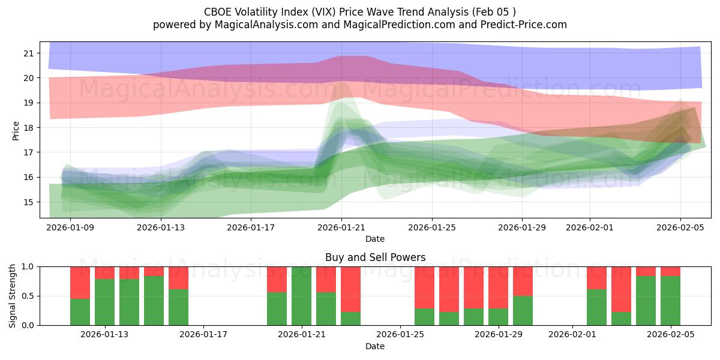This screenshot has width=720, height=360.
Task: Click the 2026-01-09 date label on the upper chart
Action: coord(71,227)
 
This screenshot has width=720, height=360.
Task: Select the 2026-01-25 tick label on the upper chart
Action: coord(432,227)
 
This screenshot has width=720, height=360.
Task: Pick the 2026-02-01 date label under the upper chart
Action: coord(590,227)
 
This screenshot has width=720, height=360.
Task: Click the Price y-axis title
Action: coord(16,130)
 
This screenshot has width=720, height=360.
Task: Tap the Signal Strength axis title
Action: coord(13,296)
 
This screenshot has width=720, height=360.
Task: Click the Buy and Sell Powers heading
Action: coord(375,257)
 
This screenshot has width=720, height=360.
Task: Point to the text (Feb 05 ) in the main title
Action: coord(494,12)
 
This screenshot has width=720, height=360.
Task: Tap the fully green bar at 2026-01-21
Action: coord(302,296)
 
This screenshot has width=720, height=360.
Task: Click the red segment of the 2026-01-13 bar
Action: coord(105,272)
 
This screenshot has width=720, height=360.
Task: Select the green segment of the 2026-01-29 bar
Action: coord(523,310)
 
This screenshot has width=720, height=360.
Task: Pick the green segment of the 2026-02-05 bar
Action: coord(670,301)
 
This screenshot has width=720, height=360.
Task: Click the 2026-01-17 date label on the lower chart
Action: coord(203,334)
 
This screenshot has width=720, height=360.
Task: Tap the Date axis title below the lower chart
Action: coord(375,346)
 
